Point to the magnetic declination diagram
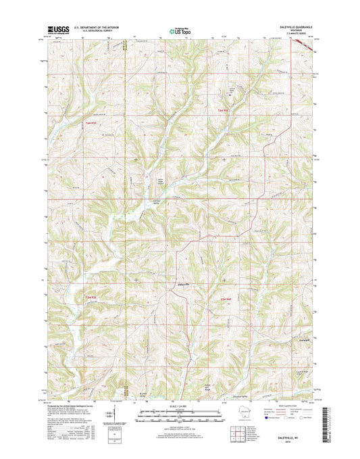tap(121, 414)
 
